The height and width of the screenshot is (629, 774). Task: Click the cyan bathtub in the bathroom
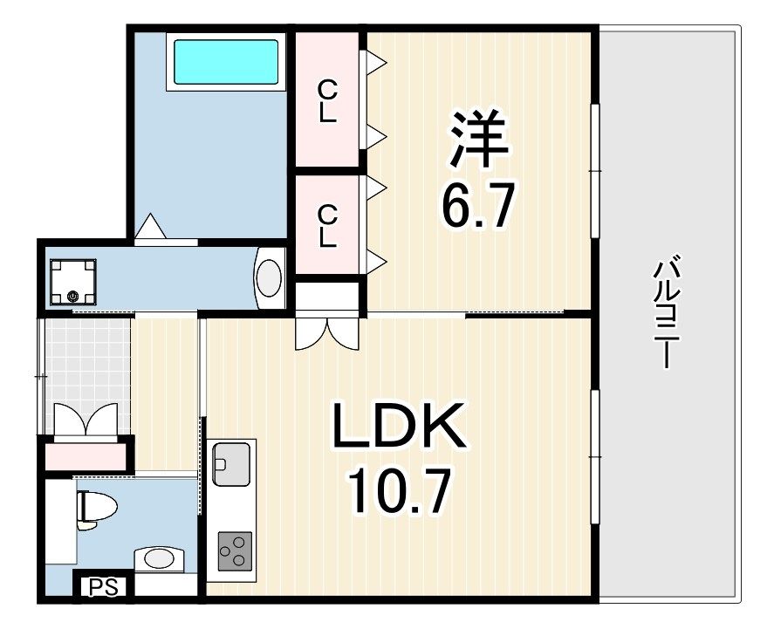point(226,60)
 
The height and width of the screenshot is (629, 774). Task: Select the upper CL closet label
point(327,101)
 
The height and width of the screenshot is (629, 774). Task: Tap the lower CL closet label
point(327,225)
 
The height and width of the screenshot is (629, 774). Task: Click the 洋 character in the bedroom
point(478,139)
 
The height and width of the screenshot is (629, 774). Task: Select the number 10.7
point(400,493)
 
